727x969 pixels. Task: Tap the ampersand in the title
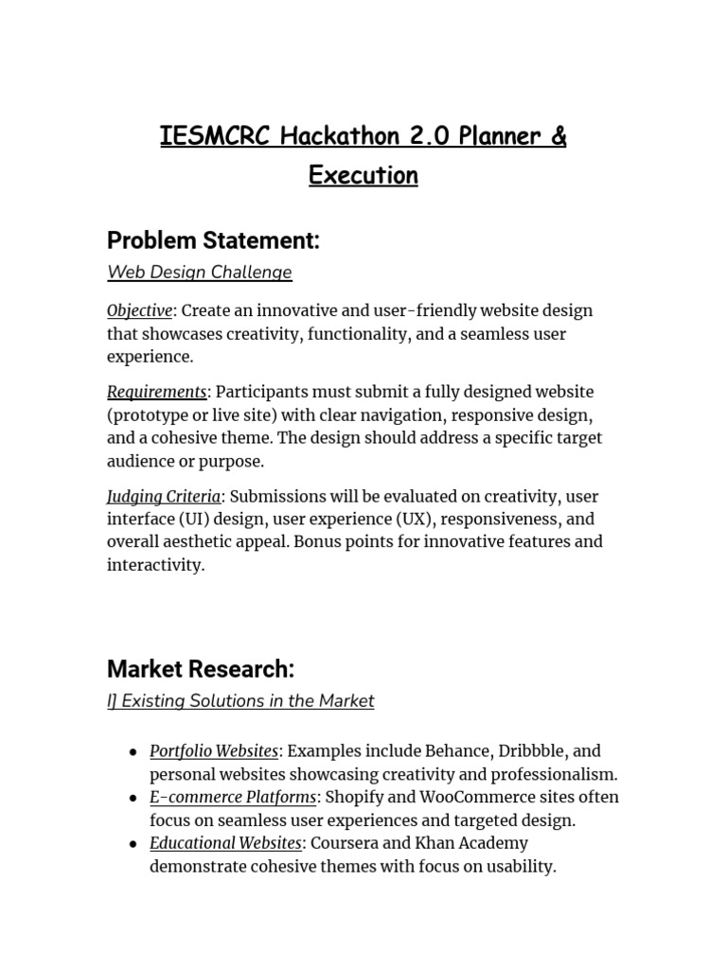pos(558,136)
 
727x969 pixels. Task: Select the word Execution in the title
pos(363,176)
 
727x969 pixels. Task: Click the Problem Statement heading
pos(213,241)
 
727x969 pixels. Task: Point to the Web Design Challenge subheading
pos(200,273)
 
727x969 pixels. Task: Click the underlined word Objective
pos(140,311)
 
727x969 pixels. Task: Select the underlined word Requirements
pos(157,392)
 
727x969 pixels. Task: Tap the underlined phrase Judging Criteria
pos(164,497)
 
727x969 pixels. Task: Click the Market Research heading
pos(201,670)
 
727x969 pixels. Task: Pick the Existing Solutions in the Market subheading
pos(240,701)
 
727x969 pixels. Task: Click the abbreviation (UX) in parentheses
pos(410,520)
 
